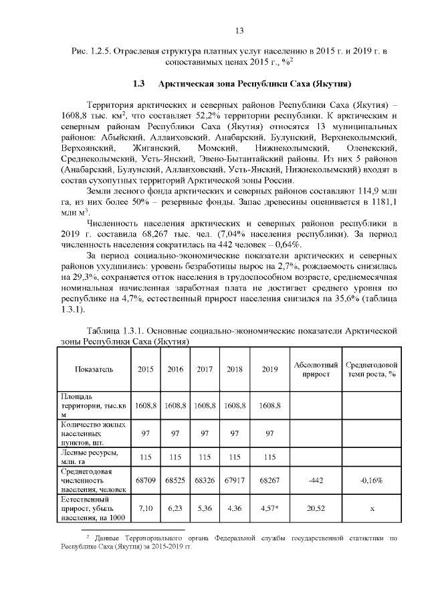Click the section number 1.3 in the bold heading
tap(139, 84)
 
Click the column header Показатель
tap(94, 369)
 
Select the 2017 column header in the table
tap(205, 369)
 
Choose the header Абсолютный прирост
tap(316, 369)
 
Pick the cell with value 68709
tap(146, 480)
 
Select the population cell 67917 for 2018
tap(235, 480)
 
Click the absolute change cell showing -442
tap(316, 480)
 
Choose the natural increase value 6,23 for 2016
tap(175, 508)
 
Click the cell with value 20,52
tap(316, 508)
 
